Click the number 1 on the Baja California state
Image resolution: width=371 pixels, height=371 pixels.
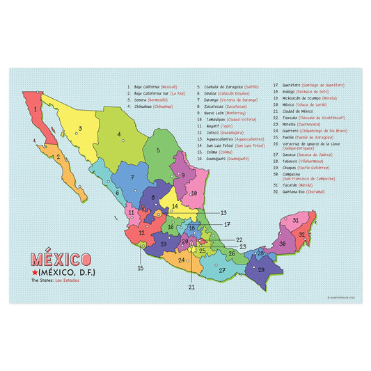click(35, 109)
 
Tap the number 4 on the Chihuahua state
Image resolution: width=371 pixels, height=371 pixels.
click(119, 135)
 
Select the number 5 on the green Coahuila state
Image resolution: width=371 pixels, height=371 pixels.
click(158, 150)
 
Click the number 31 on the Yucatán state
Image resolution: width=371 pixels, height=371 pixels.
click(295, 220)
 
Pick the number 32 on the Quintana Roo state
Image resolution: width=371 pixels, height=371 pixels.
click(301, 234)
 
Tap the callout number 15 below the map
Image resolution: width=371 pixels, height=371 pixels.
click(140, 268)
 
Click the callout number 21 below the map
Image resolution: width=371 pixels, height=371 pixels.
click(191, 286)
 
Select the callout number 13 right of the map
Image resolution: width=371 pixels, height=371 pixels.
click(223, 212)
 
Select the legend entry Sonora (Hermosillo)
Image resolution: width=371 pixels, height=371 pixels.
click(152, 100)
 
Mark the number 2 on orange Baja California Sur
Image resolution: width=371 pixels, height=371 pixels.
click(60, 157)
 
